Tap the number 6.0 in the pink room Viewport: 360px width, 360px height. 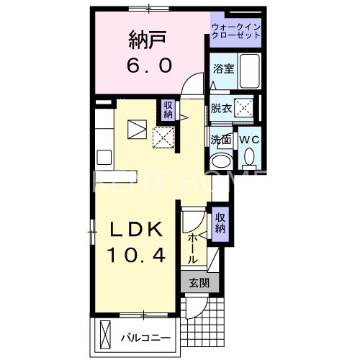click(x=149, y=66)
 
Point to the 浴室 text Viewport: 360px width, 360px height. click(x=222, y=68)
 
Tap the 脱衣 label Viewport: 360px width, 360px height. click(x=220, y=109)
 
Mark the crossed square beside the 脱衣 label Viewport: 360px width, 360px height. click(x=245, y=109)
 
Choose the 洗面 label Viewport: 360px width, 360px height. click(x=220, y=139)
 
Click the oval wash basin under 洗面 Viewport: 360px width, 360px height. click(x=221, y=160)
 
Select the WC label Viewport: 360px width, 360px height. click(x=248, y=139)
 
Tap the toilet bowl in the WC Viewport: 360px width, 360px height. click(x=249, y=157)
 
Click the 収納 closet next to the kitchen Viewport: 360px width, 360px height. click(x=168, y=109)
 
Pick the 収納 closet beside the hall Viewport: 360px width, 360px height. click(x=220, y=223)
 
